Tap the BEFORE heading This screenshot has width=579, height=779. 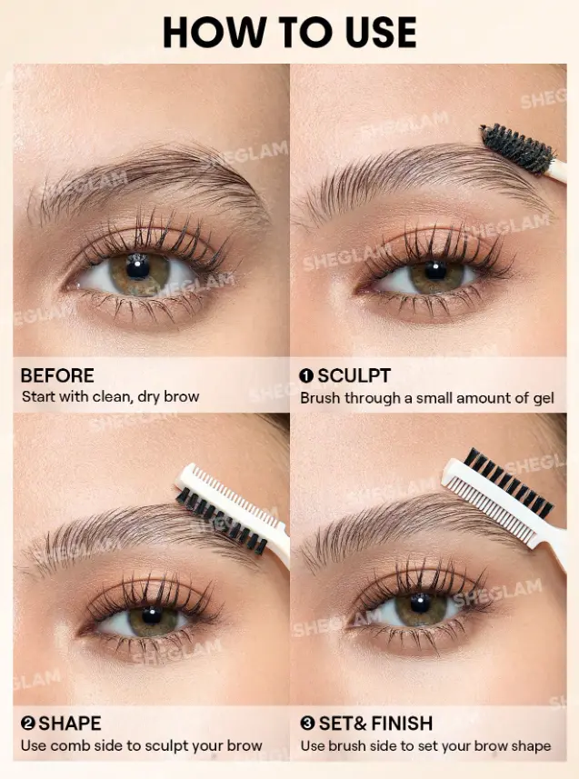pyautogui.click(x=57, y=375)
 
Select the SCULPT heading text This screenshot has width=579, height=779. pyautogui.click(x=354, y=375)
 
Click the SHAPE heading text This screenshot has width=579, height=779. pyautogui.click(x=70, y=724)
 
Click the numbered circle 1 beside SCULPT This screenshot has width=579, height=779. pyautogui.click(x=306, y=376)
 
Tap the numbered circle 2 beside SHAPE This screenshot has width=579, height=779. pyautogui.click(x=28, y=724)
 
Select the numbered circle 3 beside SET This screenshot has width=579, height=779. pyautogui.click(x=307, y=724)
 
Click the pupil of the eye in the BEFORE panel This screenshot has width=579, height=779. pyautogui.click(x=137, y=268)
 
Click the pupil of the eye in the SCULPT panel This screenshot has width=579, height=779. pyautogui.click(x=435, y=270)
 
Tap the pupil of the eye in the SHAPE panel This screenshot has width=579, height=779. pyautogui.click(x=152, y=615)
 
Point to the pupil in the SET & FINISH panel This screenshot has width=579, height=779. pyautogui.click(x=421, y=603)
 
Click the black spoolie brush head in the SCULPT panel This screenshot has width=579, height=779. pyautogui.click(x=518, y=147)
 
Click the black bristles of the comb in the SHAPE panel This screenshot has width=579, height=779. pyautogui.click(x=222, y=521)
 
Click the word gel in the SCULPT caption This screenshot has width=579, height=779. pyautogui.click(x=543, y=398)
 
